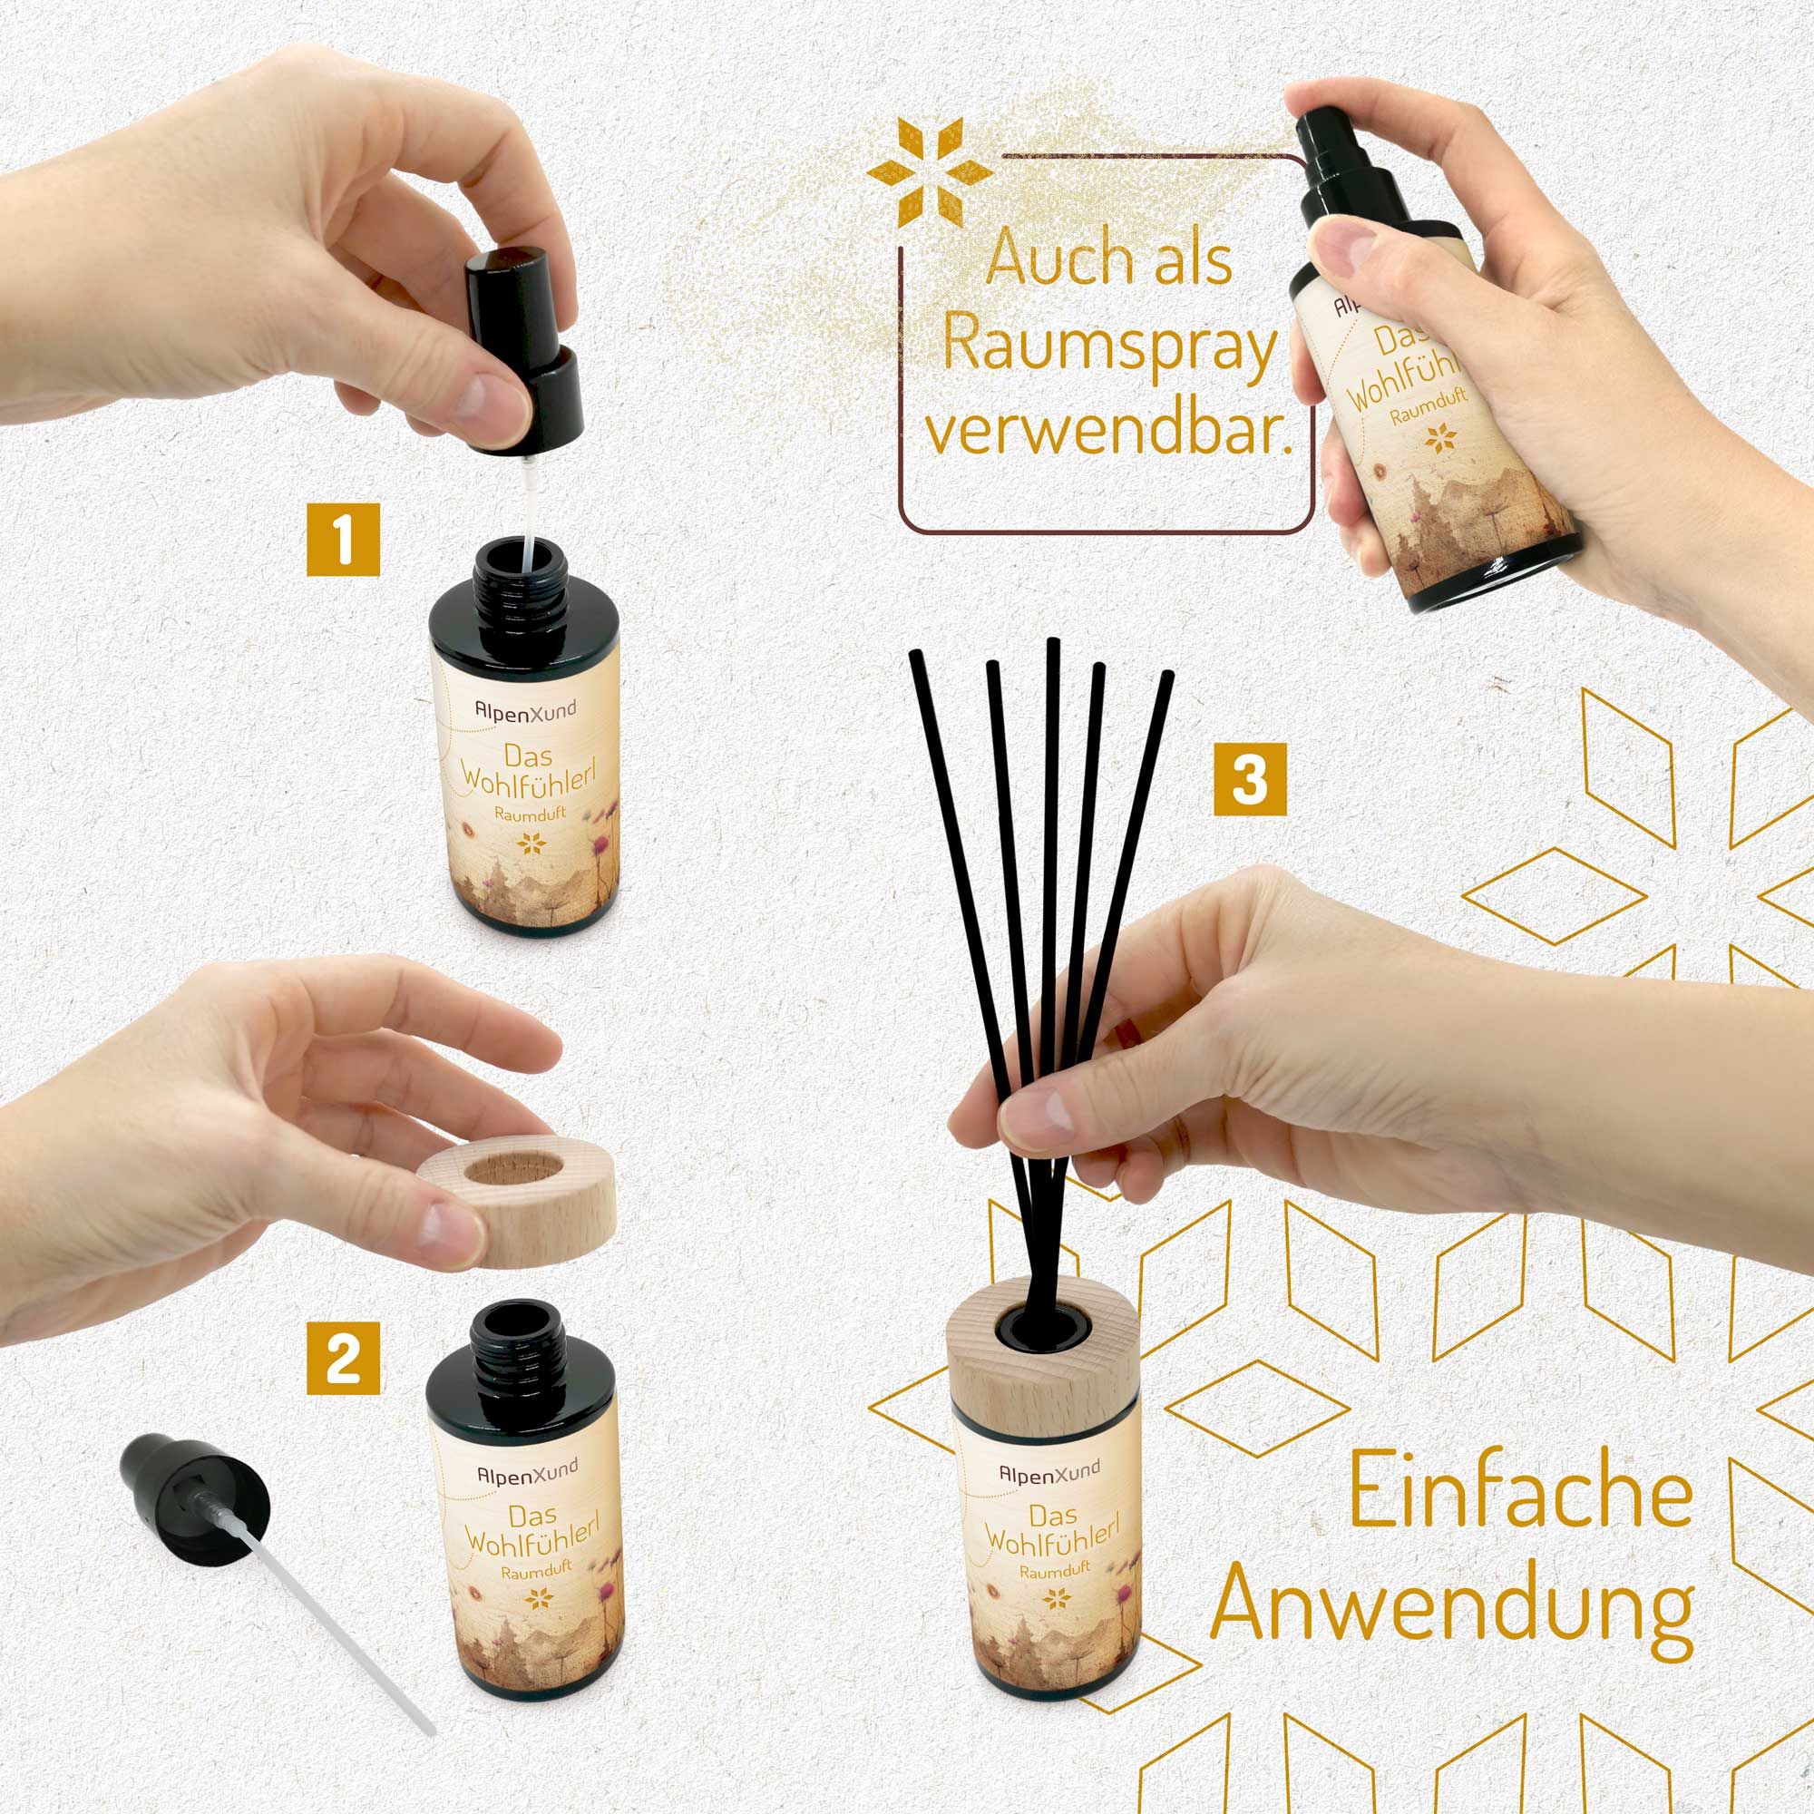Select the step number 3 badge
click(1249, 780)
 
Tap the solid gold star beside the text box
click(931, 171)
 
